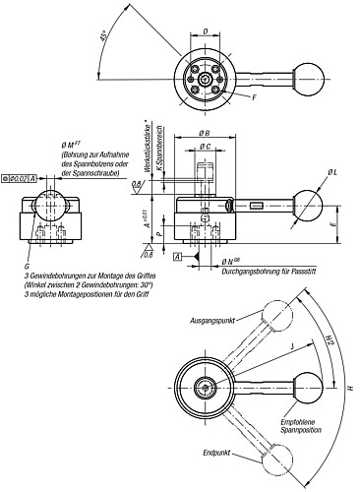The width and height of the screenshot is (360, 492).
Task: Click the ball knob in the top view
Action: (311, 73)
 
